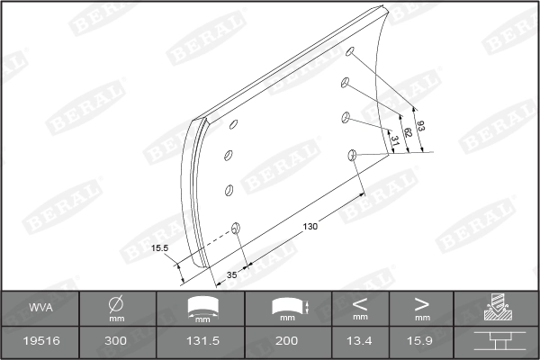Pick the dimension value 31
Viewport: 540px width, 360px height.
pos(394,139)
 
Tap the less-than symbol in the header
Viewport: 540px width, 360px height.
pos(360,303)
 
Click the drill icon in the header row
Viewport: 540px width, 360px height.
pos(495,308)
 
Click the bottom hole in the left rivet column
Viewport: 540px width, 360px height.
pos(237,229)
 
